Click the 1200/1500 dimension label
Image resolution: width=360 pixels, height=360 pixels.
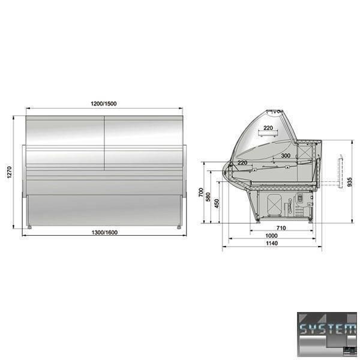(x=104, y=104)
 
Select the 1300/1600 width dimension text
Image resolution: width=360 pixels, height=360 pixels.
(x=104, y=232)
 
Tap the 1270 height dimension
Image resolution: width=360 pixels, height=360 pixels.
(x=9, y=172)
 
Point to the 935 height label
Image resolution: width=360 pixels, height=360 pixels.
(x=349, y=182)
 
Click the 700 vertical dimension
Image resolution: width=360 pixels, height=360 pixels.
(x=201, y=192)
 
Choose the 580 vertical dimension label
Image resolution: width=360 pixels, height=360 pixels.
(x=208, y=197)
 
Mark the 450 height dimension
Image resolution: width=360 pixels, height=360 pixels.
(x=217, y=203)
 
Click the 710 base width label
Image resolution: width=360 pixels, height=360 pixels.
(x=281, y=228)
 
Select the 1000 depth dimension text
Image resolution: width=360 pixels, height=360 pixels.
(x=272, y=236)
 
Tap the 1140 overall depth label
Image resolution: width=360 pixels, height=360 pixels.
(x=272, y=243)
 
